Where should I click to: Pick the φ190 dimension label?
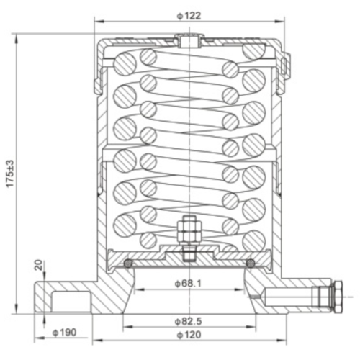pos(66,333)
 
